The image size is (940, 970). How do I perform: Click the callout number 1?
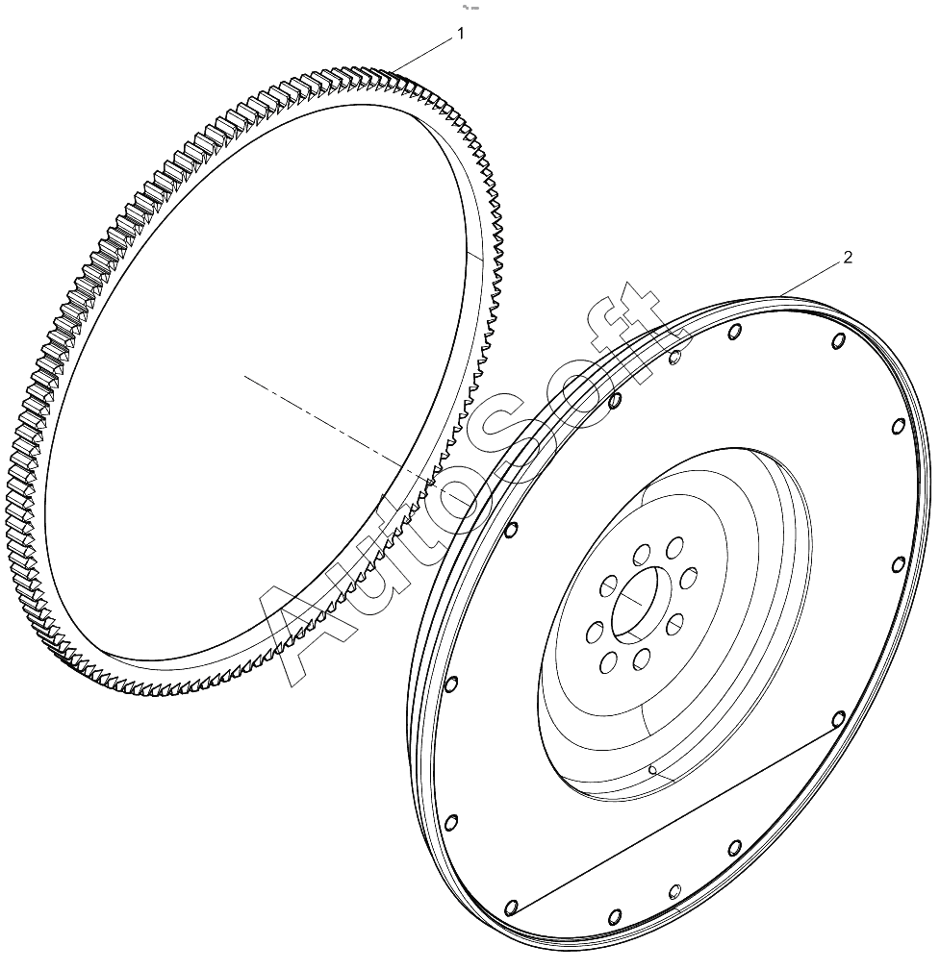coord(460,34)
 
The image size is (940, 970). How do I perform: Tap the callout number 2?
coord(848,258)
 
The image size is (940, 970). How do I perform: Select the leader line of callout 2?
coord(810,279)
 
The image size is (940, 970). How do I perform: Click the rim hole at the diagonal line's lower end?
coord(510,908)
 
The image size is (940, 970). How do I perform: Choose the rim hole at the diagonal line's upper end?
coord(838,719)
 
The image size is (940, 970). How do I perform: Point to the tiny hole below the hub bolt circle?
coord(651,770)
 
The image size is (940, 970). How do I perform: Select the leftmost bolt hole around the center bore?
coord(595,633)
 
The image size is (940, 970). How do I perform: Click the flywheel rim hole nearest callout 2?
coord(838,340)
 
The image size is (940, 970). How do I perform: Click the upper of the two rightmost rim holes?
coord(899,426)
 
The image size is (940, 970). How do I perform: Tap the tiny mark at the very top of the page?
coord(470,8)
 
